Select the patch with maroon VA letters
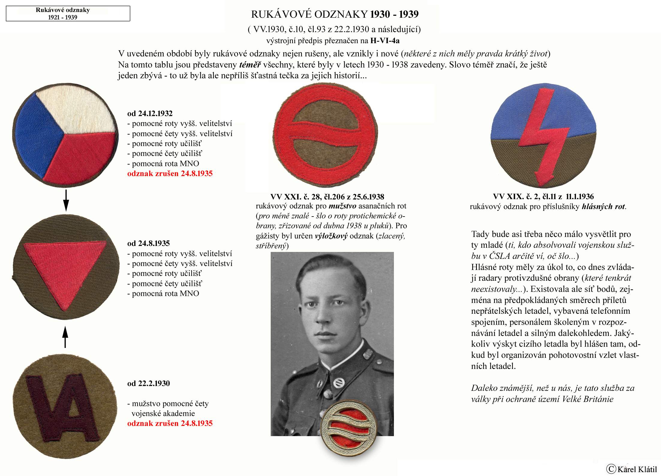(65, 406)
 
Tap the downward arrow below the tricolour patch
(66, 200)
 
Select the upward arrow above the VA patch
(65, 337)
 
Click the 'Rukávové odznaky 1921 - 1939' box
(68, 13)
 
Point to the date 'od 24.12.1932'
(150, 113)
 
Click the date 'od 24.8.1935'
(148, 243)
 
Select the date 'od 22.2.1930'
(148, 383)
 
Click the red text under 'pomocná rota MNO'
(170, 173)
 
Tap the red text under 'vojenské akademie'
(170, 423)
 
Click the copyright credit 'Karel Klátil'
(633, 469)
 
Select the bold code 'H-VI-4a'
(385, 40)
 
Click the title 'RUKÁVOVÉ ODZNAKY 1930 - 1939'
(335, 14)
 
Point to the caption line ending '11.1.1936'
(543, 196)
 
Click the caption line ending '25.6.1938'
(327, 197)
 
